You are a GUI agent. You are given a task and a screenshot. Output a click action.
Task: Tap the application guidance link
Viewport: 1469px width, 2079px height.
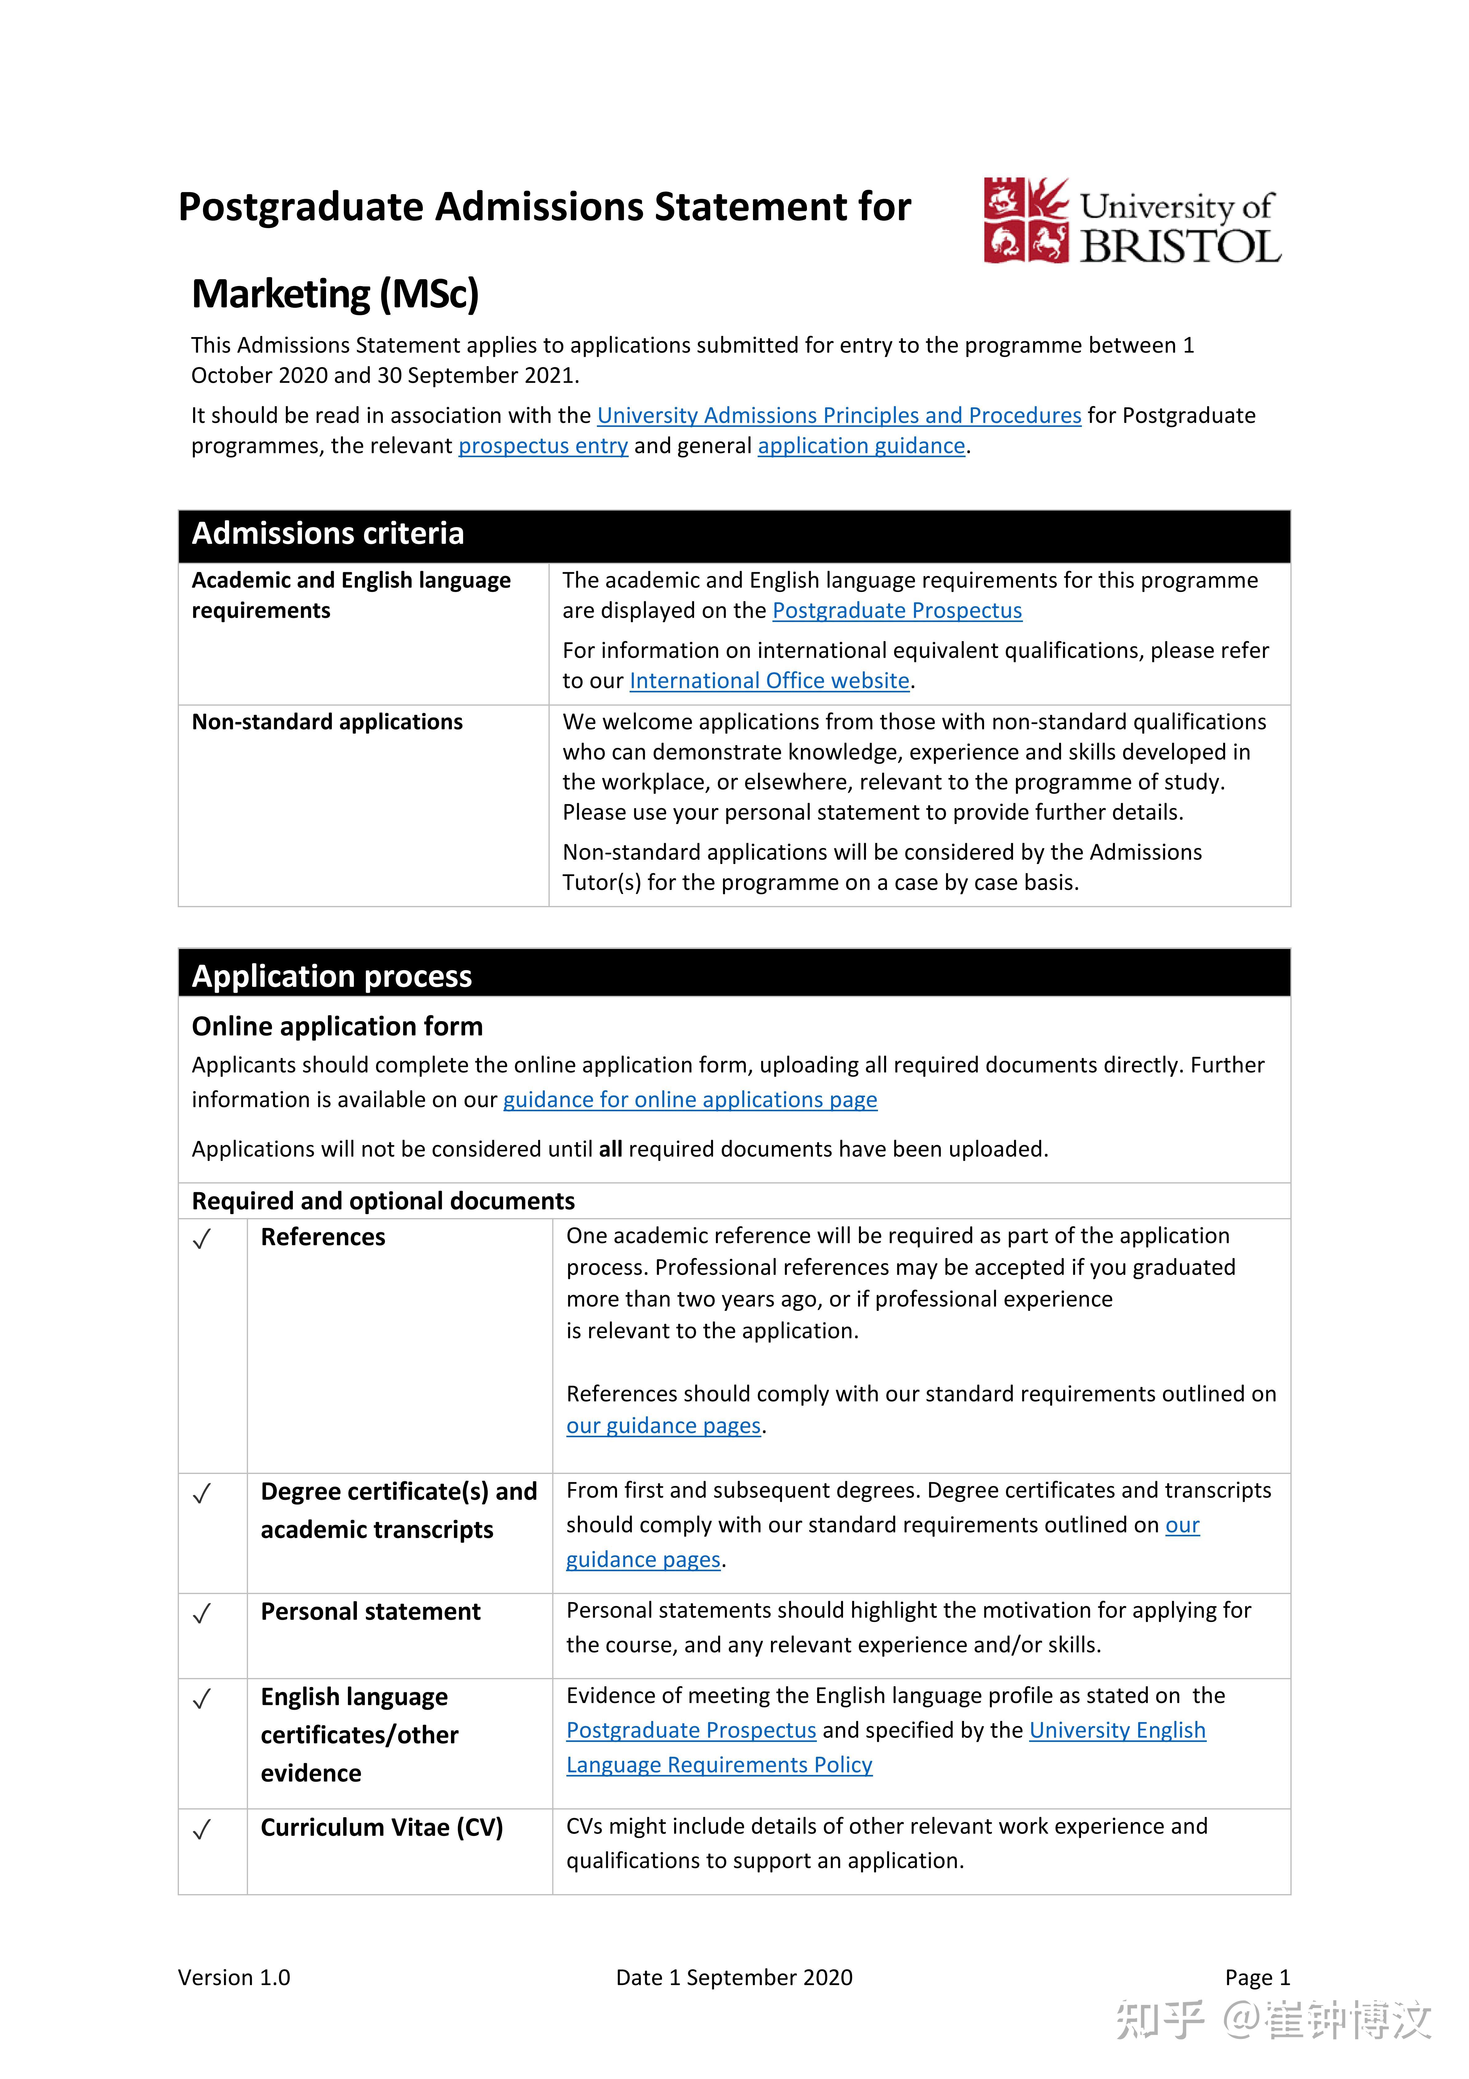(861, 446)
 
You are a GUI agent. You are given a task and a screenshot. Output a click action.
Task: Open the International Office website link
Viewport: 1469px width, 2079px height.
(768, 681)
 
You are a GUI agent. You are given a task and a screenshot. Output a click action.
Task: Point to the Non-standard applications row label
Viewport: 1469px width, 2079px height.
(327, 722)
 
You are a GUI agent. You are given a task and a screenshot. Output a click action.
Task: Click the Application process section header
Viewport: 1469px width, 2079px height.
(331, 976)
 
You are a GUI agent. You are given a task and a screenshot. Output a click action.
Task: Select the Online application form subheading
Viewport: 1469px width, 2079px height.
(337, 1026)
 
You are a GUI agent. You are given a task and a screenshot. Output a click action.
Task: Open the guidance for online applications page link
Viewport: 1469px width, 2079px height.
(690, 1100)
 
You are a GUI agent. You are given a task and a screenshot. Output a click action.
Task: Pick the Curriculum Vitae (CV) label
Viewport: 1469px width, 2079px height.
(381, 1827)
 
